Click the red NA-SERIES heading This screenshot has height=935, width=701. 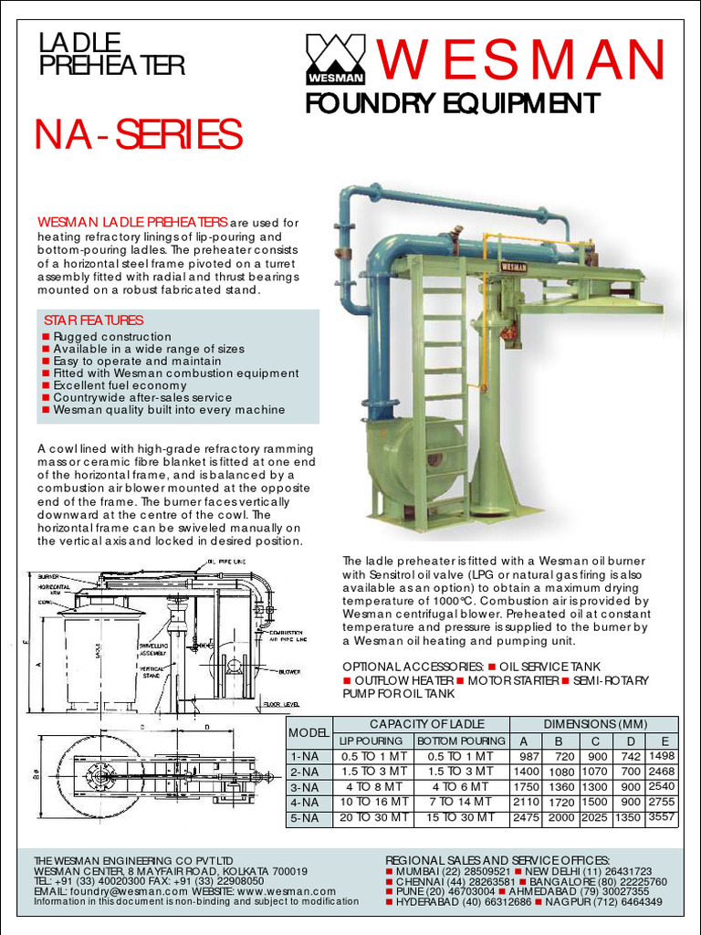(138, 135)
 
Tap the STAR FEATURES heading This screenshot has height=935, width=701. (93, 320)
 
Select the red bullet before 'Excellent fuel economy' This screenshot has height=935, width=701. (46, 386)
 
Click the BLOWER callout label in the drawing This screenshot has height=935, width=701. (290, 671)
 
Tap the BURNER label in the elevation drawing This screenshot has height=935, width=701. (49, 576)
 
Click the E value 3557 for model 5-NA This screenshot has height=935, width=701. (662, 818)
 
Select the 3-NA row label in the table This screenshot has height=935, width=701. (304, 787)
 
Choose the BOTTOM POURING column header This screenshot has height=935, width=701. (461, 741)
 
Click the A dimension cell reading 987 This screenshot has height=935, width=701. (529, 757)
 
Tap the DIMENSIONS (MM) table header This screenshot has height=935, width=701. (594, 724)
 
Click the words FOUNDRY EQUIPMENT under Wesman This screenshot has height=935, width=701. (452, 102)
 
